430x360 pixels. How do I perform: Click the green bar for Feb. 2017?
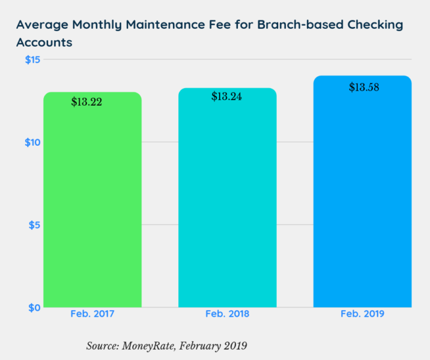tap(92, 204)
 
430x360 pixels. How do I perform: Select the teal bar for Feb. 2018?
tap(227, 204)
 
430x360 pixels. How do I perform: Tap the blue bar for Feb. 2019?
tap(362, 198)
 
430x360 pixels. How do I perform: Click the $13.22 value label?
tap(86, 102)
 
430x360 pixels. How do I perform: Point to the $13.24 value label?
tap(226, 97)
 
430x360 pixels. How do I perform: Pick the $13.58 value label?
tap(364, 88)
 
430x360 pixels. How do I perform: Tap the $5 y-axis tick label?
tap(34, 225)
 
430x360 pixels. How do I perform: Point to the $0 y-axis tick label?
tap(34, 307)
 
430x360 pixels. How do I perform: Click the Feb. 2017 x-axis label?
tap(92, 314)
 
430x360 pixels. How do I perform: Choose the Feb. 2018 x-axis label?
tap(227, 314)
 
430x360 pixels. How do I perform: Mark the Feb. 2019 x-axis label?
tap(362, 314)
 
